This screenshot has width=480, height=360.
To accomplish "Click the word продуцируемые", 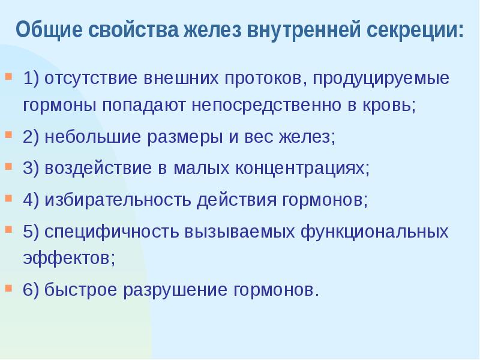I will (x=380, y=79).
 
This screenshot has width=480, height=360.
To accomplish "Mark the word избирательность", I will (x=116, y=200).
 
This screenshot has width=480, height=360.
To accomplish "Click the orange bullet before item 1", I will (x=8, y=77).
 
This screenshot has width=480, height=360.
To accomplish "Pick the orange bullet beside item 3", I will (x=8, y=166).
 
